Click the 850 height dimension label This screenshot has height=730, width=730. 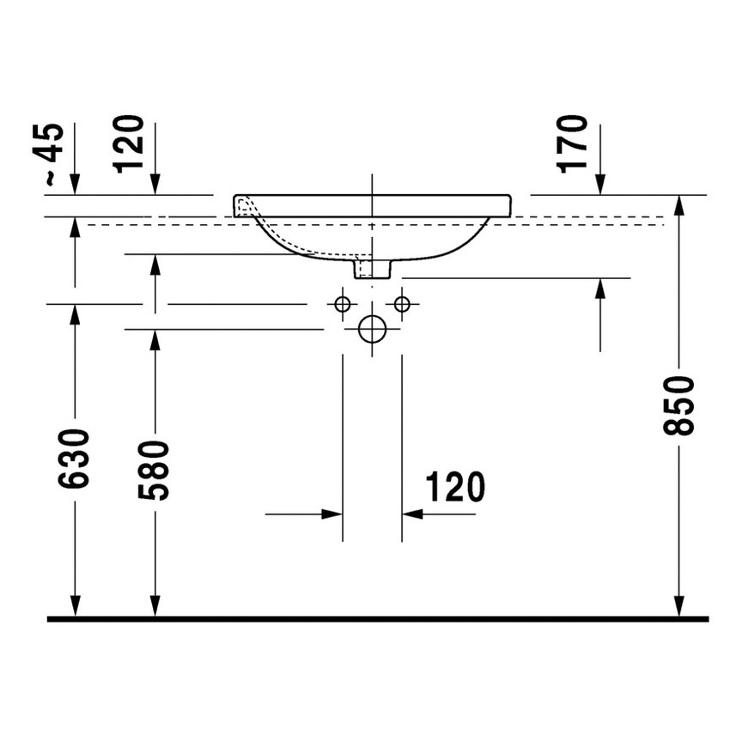click(x=679, y=405)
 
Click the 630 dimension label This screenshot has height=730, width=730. click(x=75, y=459)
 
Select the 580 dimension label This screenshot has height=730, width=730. click(x=155, y=470)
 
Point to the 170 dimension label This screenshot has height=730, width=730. click(x=574, y=143)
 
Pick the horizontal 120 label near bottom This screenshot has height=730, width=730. click(x=455, y=488)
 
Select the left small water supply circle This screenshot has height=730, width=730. click(x=342, y=303)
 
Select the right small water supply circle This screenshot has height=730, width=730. click(x=401, y=303)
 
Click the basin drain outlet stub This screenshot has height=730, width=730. click(x=372, y=268)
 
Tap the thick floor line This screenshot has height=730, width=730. click(x=378, y=618)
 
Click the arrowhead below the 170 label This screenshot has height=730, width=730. click(x=599, y=185)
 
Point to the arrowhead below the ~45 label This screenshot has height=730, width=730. click(x=75, y=185)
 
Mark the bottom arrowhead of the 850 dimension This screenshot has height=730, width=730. click(x=679, y=607)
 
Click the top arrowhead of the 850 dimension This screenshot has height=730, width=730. click(x=679, y=205)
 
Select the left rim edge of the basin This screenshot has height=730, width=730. click(x=236, y=204)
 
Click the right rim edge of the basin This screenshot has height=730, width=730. click(x=509, y=204)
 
